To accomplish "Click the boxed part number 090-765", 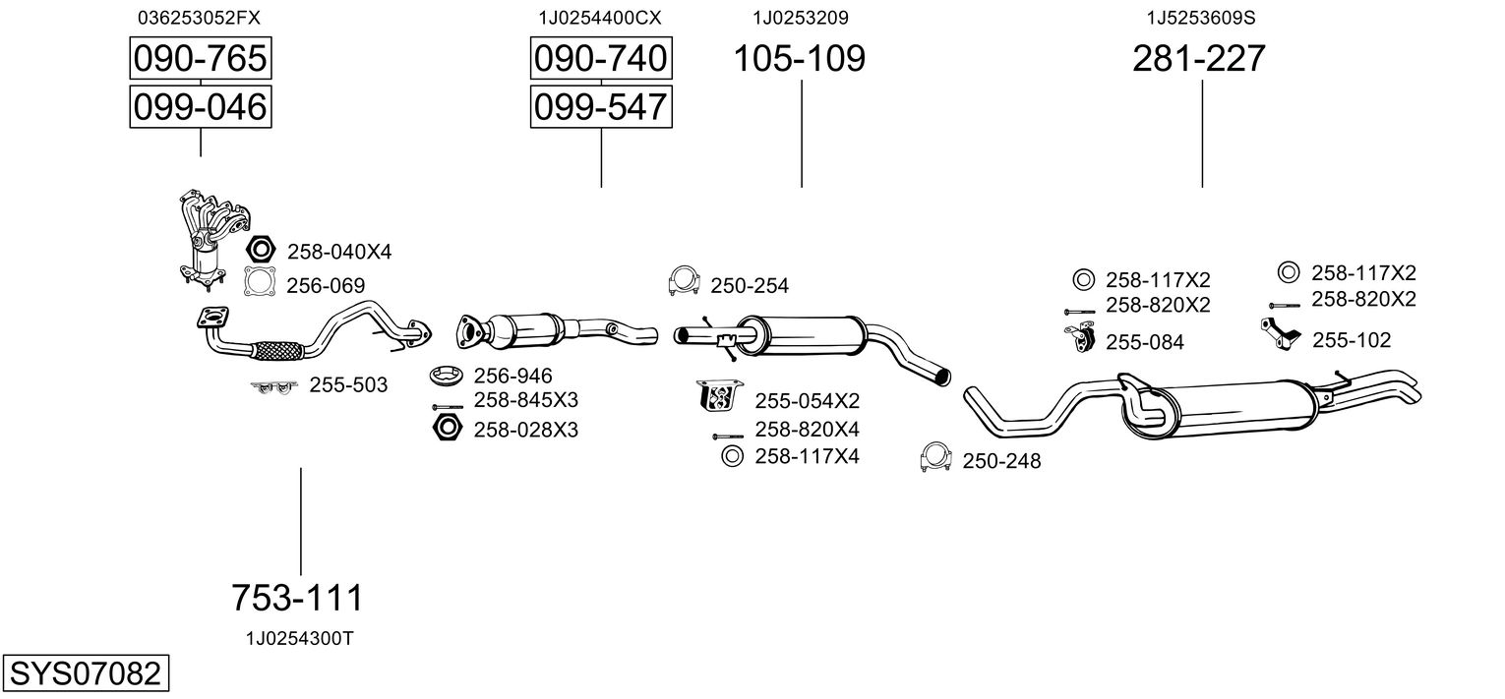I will point(200,59).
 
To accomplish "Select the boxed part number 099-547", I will point(600,106).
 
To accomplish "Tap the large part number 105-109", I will point(800,59).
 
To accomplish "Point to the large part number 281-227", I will point(1199,59).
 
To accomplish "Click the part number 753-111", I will point(297,597).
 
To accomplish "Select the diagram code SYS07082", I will point(84,674).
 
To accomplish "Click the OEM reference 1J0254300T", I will point(299,638).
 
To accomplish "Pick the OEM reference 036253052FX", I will point(200,18).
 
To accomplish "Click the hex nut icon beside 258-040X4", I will point(261,251).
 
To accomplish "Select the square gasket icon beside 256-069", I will point(260,283).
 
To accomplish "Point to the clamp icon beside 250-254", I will point(683,282).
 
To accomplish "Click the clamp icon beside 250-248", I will point(935,458).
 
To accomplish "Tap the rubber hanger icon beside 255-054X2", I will point(720,397).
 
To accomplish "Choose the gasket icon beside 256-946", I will point(448,376).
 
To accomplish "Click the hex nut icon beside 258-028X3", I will point(448,429).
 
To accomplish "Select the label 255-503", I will point(348,385).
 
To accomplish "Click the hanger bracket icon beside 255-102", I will point(1279,335).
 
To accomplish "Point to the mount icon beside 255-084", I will point(1079,339).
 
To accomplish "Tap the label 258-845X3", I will point(525,400).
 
